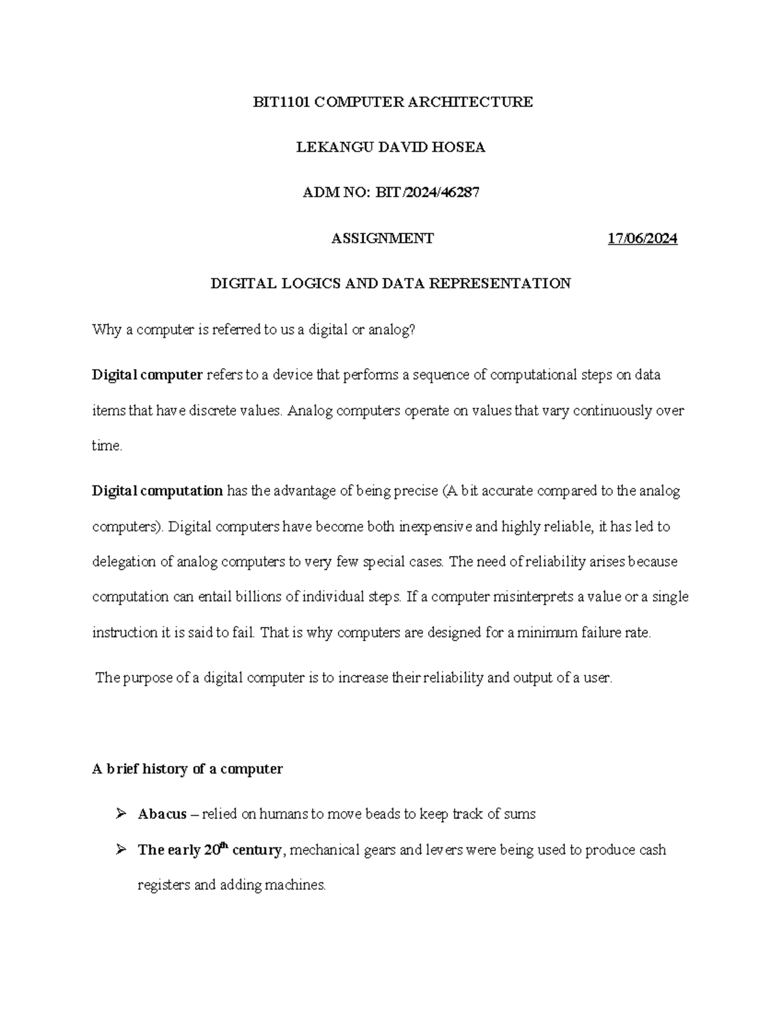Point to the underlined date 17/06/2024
(x=642, y=239)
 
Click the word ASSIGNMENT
(x=382, y=239)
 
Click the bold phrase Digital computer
(x=147, y=375)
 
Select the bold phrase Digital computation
(x=157, y=491)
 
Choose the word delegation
(x=123, y=562)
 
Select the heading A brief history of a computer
(x=187, y=769)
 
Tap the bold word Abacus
(x=162, y=814)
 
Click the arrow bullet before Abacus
(x=120, y=814)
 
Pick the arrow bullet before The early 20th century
(x=120, y=850)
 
